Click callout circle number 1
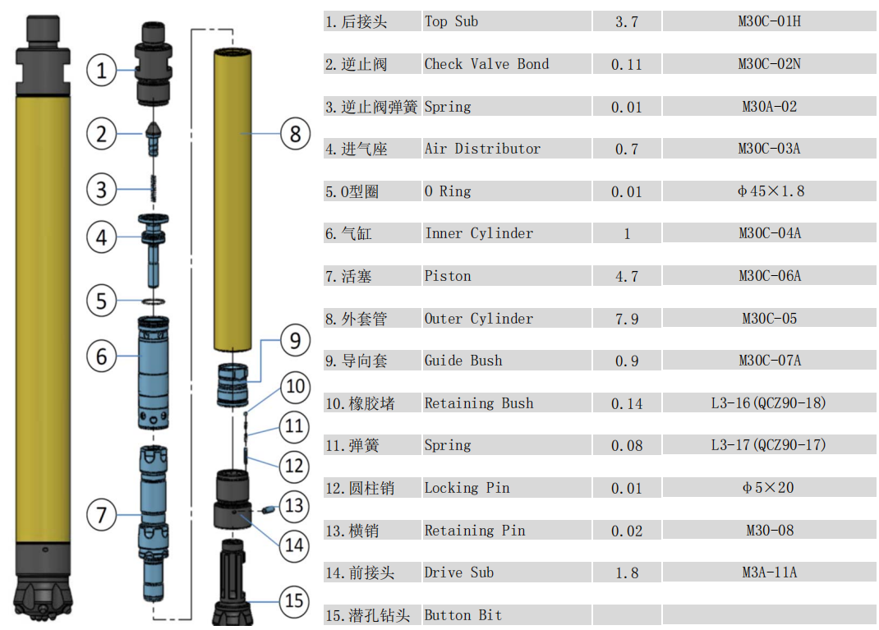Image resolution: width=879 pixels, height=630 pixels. click(x=102, y=70)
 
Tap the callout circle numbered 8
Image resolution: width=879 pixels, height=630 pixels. click(x=296, y=133)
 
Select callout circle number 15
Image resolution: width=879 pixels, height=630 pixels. click(x=294, y=601)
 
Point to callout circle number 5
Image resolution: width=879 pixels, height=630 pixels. click(x=102, y=301)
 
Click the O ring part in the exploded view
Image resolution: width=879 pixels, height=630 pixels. click(x=154, y=301)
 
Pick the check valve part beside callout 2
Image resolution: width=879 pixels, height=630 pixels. click(x=154, y=138)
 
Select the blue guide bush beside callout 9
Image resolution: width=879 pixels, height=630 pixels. click(x=232, y=384)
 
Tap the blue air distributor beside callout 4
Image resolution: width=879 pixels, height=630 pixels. click(x=154, y=250)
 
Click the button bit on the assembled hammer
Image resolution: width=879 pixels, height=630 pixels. click(x=44, y=597)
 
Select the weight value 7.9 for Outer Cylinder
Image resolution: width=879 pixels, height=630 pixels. click(x=627, y=319)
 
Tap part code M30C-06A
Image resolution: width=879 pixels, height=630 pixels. click(x=770, y=276)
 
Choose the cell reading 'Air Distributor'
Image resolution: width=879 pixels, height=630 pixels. click(x=482, y=149)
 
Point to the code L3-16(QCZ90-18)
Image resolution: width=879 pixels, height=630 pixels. click(x=769, y=403)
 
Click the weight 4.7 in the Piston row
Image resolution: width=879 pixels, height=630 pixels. click(x=627, y=276)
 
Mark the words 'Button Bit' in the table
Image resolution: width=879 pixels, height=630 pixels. click(x=463, y=615)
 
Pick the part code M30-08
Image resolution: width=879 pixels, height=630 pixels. click(x=770, y=531)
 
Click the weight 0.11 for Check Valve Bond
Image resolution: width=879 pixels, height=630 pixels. click(x=627, y=65)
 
